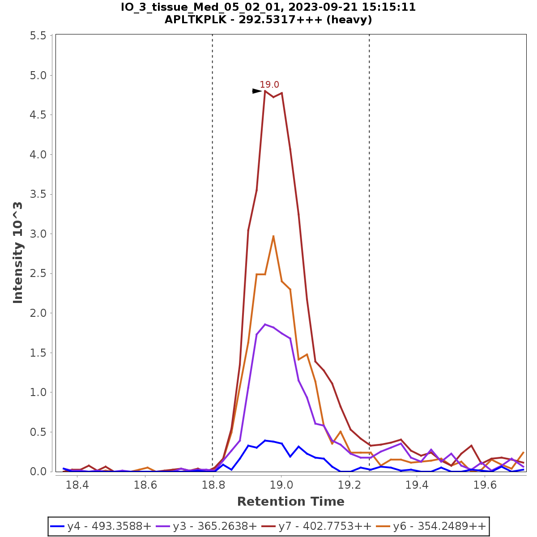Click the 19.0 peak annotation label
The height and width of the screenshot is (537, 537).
[x=269, y=85]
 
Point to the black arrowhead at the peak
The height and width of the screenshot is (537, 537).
[x=257, y=91]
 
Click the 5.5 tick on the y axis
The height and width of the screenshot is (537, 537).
[x=38, y=35]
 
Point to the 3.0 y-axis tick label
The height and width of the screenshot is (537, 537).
[x=38, y=234]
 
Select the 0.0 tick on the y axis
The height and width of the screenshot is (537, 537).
[x=38, y=471]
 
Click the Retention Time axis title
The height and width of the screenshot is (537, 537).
[x=291, y=502]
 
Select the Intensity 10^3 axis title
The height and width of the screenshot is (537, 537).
[x=18, y=253]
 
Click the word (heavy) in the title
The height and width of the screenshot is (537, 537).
[x=349, y=20]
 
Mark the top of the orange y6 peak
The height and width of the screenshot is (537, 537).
[x=273, y=236]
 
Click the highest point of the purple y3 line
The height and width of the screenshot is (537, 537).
[x=265, y=324]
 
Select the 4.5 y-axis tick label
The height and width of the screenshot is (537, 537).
[x=38, y=115]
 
